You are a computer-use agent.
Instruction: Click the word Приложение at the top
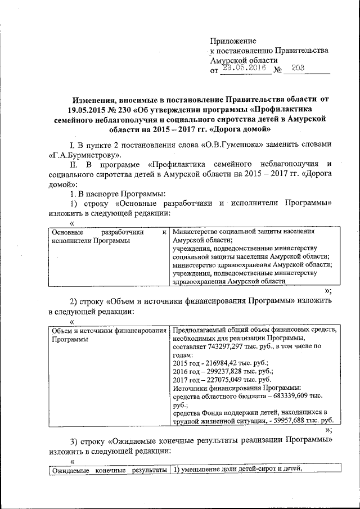tap(232, 40)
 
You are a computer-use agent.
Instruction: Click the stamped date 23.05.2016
tap(243, 68)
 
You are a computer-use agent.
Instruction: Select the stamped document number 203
tap(298, 68)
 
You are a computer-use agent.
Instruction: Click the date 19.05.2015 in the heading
tap(91, 109)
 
